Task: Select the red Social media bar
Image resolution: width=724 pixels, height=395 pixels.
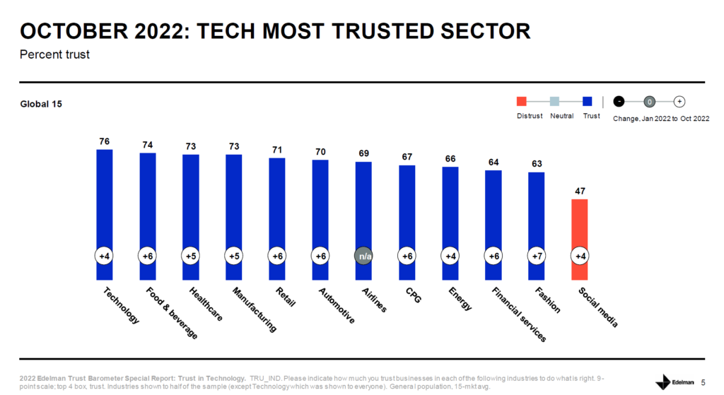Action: (x=579, y=226)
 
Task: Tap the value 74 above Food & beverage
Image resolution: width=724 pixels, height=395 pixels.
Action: (x=147, y=144)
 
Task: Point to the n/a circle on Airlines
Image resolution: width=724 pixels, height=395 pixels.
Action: (x=363, y=256)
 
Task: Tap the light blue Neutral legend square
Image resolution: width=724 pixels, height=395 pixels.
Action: (x=555, y=102)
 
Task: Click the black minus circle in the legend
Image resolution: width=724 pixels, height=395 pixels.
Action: (x=619, y=102)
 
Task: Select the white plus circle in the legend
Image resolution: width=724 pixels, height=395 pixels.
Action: (x=679, y=102)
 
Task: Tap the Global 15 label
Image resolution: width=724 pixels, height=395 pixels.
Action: (x=41, y=105)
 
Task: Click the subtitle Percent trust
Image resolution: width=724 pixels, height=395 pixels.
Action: (x=54, y=54)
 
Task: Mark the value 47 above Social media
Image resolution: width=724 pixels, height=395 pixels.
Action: (x=579, y=191)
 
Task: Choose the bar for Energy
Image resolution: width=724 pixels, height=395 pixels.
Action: (x=450, y=219)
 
